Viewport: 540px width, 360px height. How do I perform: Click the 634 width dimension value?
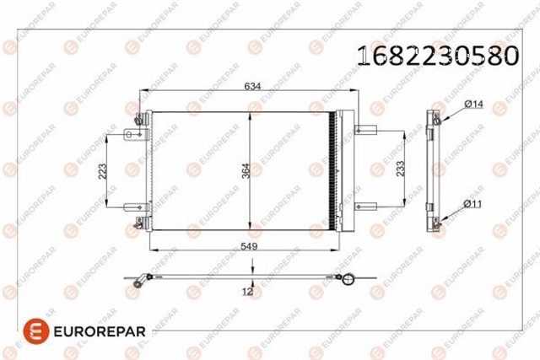click(253, 84)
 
